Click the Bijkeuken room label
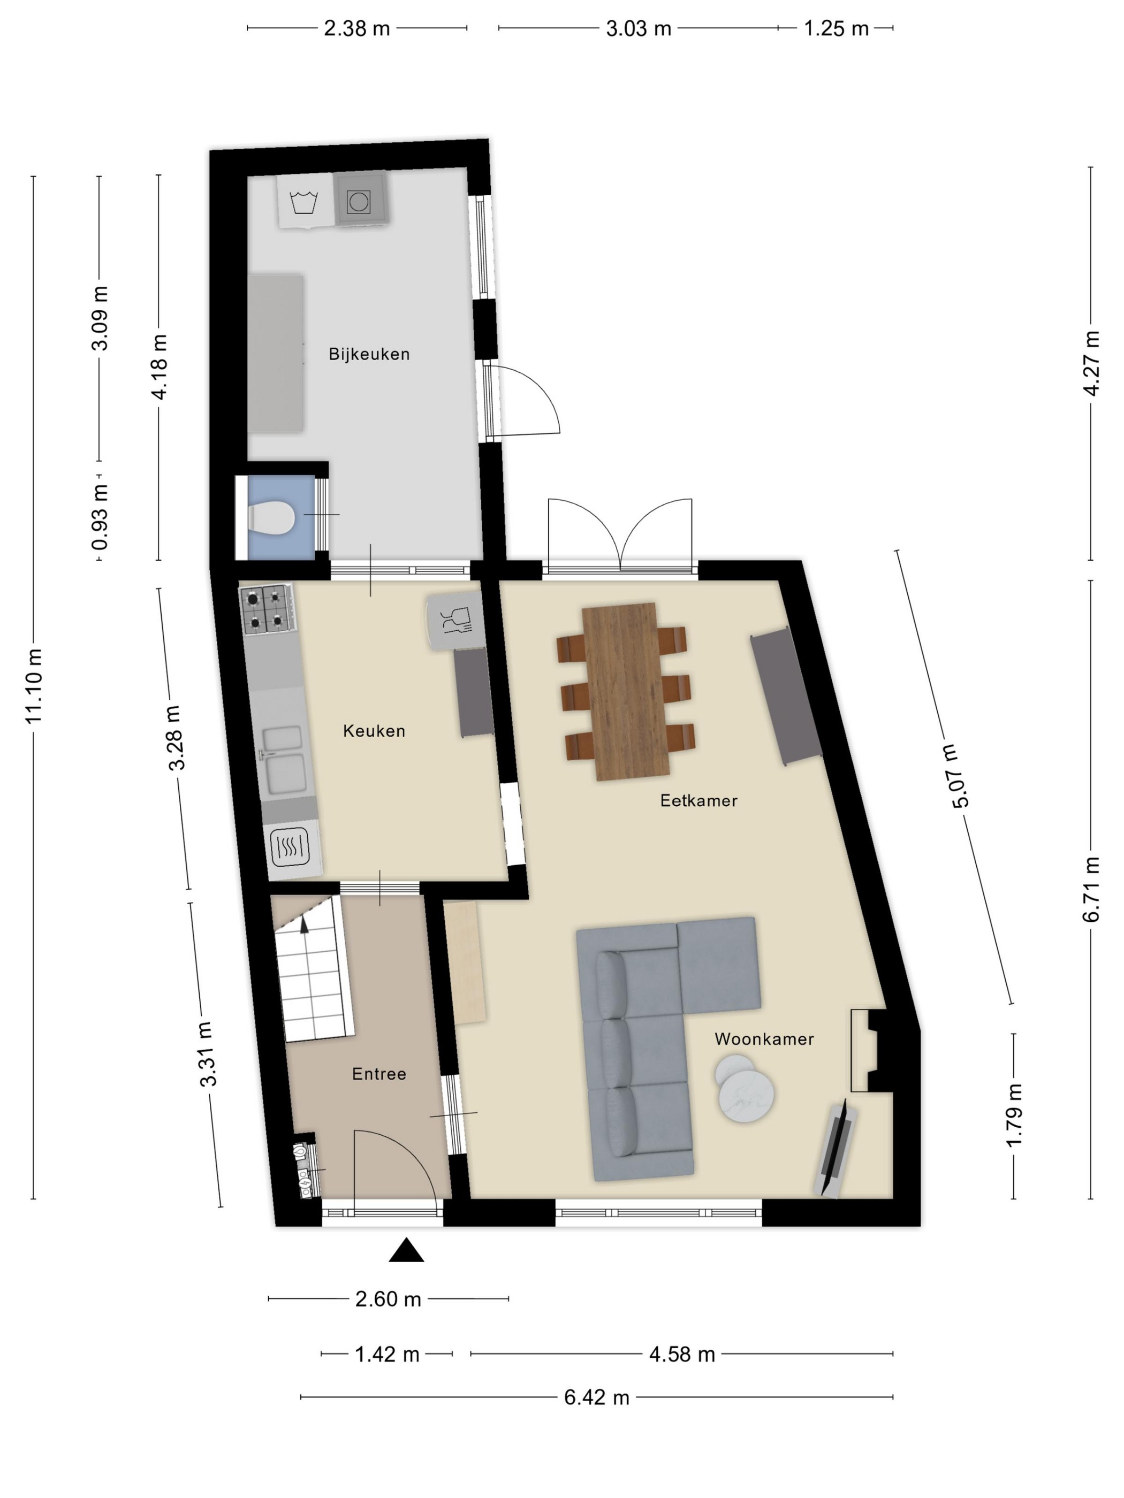click(x=369, y=354)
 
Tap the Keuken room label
click(x=374, y=731)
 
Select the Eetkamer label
click(x=698, y=800)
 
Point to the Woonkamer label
click(x=764, y=1039)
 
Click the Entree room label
click(x=379, y=1074)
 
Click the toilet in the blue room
click(x=271, y=519)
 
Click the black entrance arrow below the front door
click(x=406, y=1249)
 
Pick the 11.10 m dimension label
click(x=34, y=685)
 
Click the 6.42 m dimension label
click(x=596, y=1397)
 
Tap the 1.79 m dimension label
click(x=1014, y=1115)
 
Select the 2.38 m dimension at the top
click(x=356, y=28)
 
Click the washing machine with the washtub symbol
click(x=306, y=201)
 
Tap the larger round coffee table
click(x=747, y=1095)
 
